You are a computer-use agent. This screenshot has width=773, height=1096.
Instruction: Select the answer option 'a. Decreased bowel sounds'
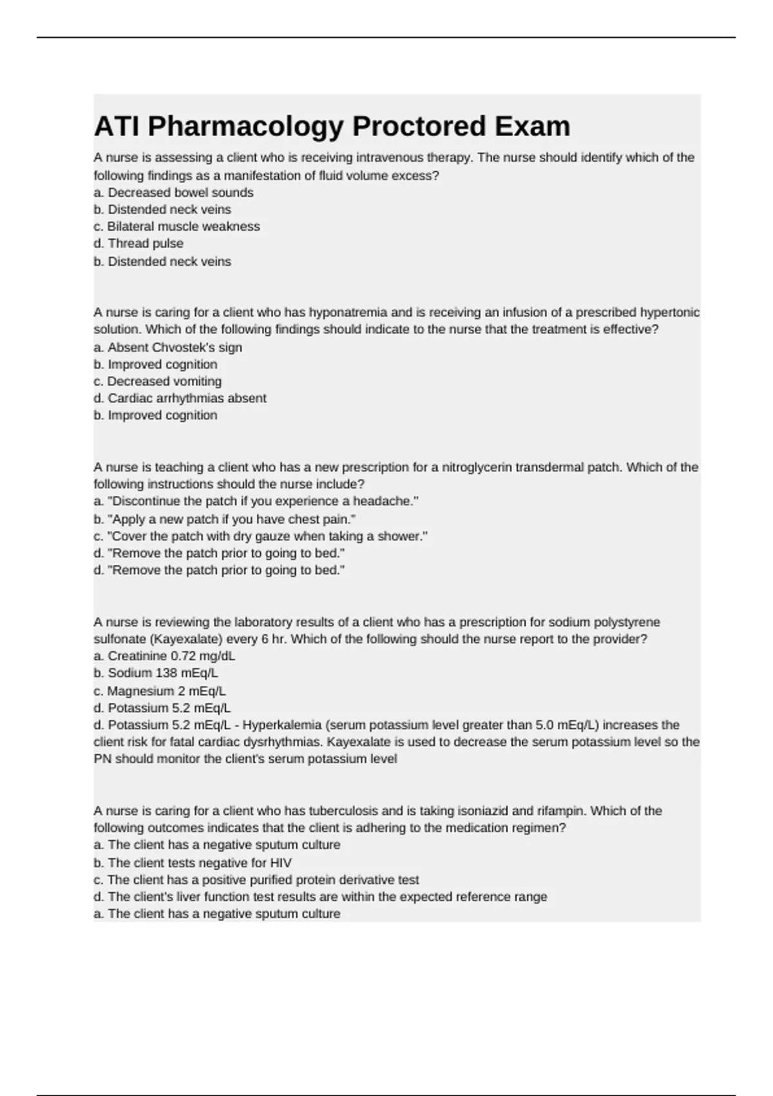click(173, 193)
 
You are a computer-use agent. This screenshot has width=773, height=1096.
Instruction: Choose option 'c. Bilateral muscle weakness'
click(177, 227)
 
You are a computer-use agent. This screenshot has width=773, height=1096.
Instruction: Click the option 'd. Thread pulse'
click(138, 244)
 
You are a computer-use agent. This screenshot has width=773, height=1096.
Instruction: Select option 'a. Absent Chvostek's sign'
click(167, 347)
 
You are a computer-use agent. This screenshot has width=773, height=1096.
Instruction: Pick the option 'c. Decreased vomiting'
click(157, 382)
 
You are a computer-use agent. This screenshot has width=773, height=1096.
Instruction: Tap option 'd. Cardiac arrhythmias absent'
click(180, 398)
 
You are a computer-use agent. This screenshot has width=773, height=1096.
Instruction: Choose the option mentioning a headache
click(256, 502)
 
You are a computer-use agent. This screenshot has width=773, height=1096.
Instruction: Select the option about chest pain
click(225, 519)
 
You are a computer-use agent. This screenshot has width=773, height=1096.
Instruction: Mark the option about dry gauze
click(260, 536)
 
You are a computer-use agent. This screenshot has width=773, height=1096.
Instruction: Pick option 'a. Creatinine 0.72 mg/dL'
click(164, 656)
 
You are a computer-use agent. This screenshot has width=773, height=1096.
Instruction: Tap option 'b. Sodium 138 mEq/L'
click(156, 673)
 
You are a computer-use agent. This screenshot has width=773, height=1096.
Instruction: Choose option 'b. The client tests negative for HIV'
click(193, 863)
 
